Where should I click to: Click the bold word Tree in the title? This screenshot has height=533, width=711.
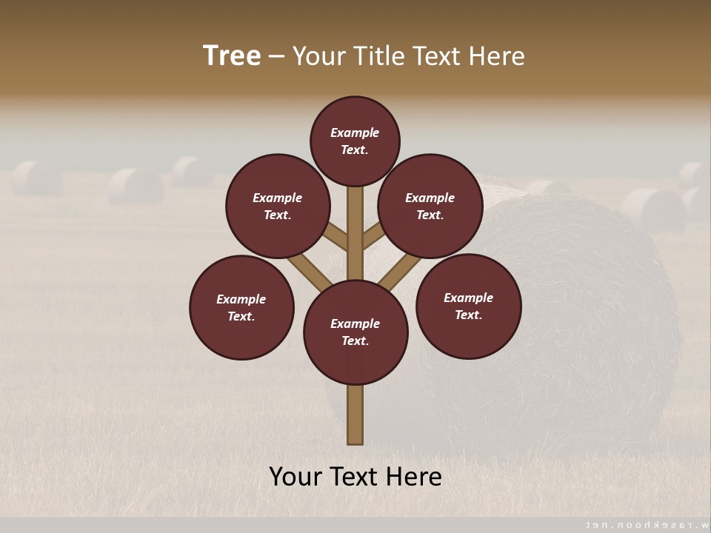(x=232, y=56)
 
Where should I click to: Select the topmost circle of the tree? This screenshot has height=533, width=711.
(x=355, y=141)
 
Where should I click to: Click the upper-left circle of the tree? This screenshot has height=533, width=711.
(x=278, y=206)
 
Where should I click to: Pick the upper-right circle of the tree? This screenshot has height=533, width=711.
(x=430, y=206)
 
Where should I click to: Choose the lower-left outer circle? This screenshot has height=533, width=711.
(x=241, y=307)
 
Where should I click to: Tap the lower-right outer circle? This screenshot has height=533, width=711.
(x=468, y=306)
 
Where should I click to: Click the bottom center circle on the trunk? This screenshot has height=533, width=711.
(x=355, y=332)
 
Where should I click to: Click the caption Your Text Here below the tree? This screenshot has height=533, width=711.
(x=355, y=476)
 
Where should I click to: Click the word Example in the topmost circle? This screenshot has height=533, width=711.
(x=355, y=133)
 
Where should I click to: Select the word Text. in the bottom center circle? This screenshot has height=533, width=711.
(x=355, y=341)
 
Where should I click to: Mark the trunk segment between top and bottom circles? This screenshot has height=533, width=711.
(x=355, y=233)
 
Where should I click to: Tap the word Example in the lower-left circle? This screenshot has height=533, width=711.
(x=241, y=299)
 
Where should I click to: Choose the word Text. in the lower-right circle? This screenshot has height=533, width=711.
(x=468, y=315)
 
